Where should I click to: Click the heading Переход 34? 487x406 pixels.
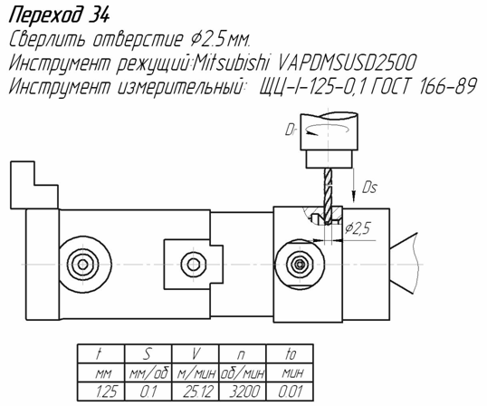point(60,15)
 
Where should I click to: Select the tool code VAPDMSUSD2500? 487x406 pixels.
point(346,63)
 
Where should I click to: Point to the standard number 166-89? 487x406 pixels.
point(447,85)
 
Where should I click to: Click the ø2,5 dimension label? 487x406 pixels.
point(358,229)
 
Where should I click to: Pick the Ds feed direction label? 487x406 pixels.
point(369,188)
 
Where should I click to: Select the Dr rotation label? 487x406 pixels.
point(290,130)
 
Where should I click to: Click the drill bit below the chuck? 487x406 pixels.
point(328,196)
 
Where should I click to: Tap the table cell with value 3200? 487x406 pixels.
point(243,391)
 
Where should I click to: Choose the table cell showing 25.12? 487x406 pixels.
point(196,391)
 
